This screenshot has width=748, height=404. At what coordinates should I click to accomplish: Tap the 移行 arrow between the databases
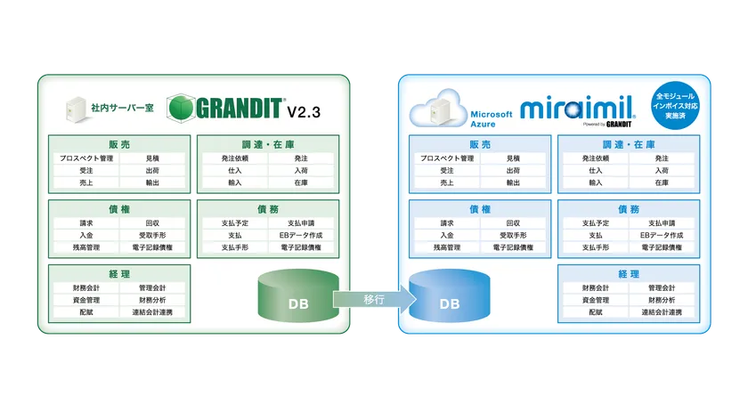click(374, 300)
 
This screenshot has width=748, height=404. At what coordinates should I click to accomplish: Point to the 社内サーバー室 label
click(122, 108)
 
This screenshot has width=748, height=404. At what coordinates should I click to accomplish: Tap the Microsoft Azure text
click(491, 119)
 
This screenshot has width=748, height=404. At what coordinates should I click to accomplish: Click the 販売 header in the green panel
click(118, 144)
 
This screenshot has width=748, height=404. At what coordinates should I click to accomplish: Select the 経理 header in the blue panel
click(628, 274)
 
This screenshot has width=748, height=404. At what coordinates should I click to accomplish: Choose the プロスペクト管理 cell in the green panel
click(85, 158)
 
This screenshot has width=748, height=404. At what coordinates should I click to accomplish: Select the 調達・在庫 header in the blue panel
click(628, 144)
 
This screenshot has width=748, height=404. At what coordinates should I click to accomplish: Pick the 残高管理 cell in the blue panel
click(447, 247)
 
